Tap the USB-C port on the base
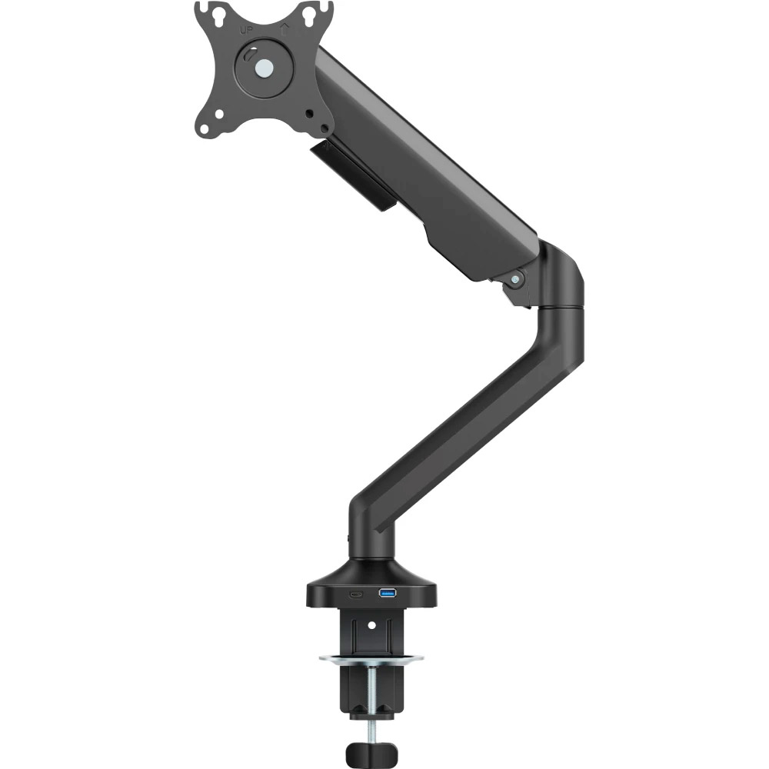[356, 594]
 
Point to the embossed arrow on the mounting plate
[283, 30]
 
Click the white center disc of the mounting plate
[265, 68]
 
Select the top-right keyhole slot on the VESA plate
[309, 15]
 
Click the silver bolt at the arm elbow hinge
[515, 280]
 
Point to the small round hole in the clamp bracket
[371, 625]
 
